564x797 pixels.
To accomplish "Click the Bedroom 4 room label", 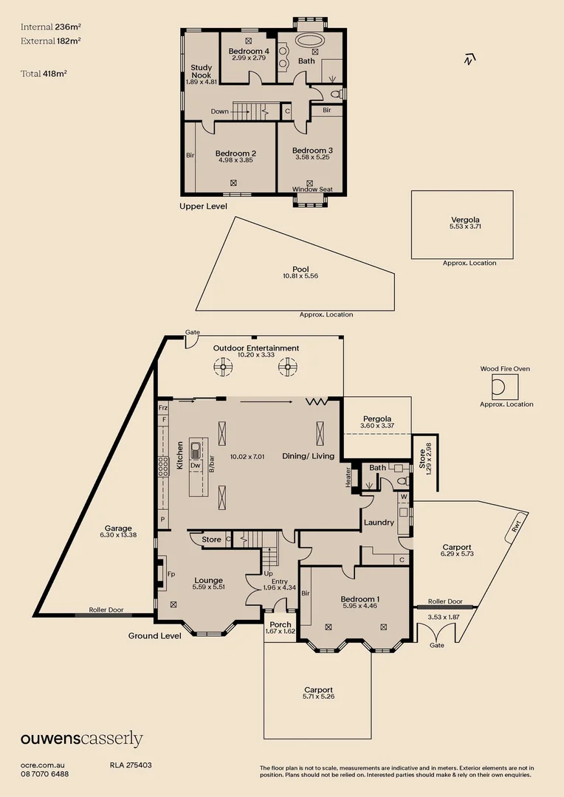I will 248,51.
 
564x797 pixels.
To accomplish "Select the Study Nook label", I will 201,72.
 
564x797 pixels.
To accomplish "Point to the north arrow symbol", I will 468,60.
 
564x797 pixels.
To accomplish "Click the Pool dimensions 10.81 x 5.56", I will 300,276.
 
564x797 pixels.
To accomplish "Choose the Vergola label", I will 470,220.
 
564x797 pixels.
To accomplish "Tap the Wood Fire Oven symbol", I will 505,386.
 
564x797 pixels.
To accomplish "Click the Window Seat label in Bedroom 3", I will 312,190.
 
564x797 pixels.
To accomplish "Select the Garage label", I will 118,528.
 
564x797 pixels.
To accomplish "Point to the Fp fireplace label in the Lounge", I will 171,574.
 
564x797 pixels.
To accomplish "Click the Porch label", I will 280,625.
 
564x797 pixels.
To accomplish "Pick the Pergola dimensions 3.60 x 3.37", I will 377,426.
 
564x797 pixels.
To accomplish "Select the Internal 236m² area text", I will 50,27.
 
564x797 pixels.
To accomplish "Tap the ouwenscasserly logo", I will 81,739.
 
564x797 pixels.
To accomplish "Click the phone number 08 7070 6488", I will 45,774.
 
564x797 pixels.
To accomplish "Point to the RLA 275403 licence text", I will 131,765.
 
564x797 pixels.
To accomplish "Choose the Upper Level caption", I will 203,207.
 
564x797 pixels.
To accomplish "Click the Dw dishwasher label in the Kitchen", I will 195,466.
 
